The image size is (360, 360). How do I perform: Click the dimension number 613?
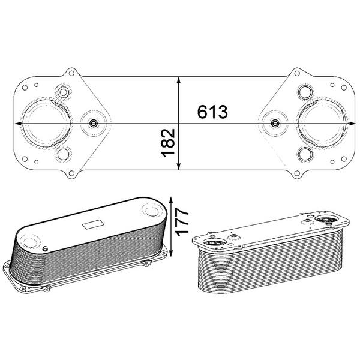(212, 112)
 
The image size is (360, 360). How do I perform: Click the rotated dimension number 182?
(168, 143)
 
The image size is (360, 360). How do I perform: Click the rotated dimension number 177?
(182, 222)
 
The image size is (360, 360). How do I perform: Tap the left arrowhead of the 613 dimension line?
(19, 124)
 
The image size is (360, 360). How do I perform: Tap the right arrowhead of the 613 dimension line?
(352, 124)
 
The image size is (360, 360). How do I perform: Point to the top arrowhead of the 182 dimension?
(179, 80)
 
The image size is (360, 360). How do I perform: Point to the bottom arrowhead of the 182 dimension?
(179, 167)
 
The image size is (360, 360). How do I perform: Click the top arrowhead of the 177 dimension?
(171, 200)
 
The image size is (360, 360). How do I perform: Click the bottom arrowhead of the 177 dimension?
(170, 253)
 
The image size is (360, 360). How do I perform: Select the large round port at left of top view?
(47, 123)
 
